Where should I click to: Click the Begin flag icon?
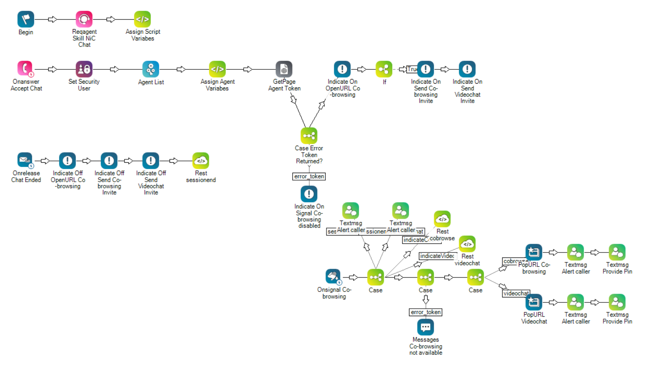pos(25,19)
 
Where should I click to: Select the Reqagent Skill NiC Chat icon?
pos(84,19)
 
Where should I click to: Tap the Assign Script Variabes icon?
pos(142,19)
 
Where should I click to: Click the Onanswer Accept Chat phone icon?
pos(25,69)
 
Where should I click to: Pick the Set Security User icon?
pos(84,69)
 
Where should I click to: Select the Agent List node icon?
pos(151,69)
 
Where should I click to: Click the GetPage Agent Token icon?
pos(284,69)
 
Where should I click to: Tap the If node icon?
pos(384,69)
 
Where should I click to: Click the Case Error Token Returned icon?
pos(309,136)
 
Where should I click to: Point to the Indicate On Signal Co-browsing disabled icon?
pos(309,194)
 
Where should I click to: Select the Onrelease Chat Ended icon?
pos(25,161)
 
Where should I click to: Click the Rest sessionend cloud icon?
pos(201,161)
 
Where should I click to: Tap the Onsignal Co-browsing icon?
pos(333,277)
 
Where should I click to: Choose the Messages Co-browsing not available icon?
pos(426,327)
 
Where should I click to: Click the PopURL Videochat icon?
pos(534,302)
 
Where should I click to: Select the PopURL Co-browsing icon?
pos(534,252)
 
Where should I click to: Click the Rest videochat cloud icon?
pos(467,244)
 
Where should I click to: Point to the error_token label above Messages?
pos(426,312)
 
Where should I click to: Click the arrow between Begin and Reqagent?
pos(52,19)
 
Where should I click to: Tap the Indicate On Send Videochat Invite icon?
pos(467,69)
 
